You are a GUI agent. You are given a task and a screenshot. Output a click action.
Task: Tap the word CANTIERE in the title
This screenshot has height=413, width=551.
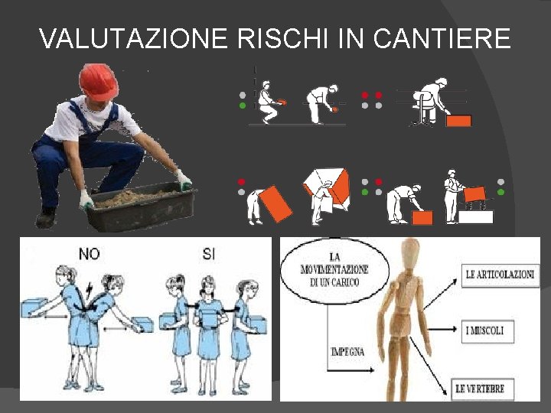442,38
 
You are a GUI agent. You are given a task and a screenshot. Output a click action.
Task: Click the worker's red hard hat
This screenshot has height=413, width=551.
98,82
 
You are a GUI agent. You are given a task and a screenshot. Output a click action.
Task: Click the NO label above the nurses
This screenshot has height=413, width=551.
90,254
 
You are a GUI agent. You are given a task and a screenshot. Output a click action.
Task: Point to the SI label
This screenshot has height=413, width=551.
209,254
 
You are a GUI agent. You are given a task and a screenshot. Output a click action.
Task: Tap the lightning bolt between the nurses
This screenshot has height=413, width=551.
89,290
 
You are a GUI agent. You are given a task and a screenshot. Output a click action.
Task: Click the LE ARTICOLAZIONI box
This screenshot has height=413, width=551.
500,275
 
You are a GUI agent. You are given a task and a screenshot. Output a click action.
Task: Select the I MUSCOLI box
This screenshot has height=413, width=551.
487,331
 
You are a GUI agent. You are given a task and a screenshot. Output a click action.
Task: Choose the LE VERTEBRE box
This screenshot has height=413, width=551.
482,389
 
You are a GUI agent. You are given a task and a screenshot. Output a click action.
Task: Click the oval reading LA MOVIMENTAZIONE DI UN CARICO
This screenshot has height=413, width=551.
334,271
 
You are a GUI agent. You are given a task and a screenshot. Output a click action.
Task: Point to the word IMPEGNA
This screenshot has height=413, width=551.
347,352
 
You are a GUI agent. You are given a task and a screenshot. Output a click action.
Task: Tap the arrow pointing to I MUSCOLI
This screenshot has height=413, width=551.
442,329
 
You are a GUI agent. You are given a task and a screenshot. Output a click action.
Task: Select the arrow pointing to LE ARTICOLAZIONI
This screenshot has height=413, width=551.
440,294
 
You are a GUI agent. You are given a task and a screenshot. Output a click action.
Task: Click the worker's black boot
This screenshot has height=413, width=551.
47,218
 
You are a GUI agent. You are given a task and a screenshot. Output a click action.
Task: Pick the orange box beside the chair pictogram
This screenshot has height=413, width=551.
458,121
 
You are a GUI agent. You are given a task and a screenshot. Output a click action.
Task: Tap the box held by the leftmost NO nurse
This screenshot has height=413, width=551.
34,307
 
